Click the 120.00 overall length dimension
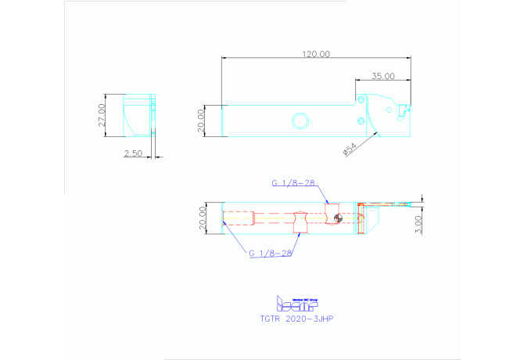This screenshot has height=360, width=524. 315,54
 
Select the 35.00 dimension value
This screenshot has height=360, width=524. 382,76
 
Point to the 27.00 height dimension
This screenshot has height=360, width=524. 102,115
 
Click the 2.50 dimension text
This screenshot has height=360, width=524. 133,154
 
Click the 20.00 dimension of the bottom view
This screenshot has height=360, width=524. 202,217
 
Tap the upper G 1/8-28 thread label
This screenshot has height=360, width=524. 293,182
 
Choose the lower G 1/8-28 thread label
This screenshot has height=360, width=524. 270,254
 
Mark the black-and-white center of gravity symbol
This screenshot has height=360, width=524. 336,218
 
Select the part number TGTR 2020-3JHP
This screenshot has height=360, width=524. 298,319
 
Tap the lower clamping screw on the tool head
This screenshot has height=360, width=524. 360,121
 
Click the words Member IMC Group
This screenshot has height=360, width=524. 306,297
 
